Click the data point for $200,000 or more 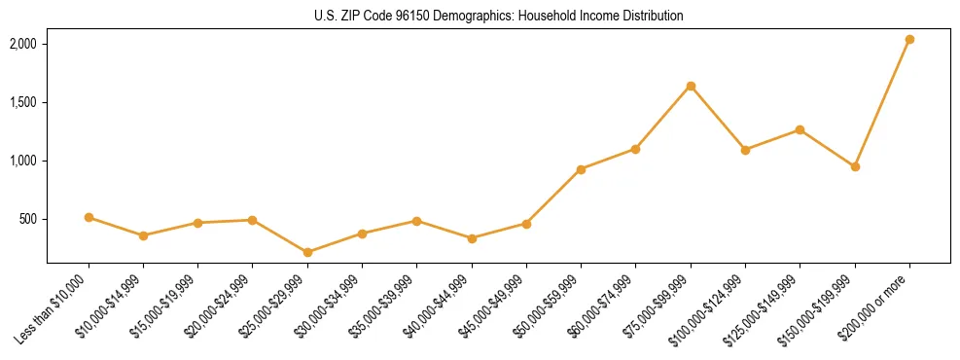pos(909,40)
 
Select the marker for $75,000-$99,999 pos(691,87)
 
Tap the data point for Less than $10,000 pos(89,217)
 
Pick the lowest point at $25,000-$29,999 pos(307,252)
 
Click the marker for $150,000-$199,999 pos(855,166)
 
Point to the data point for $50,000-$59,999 pos(581,169)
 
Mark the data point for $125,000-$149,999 pos(800,129)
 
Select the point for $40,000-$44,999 pos(472,238)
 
